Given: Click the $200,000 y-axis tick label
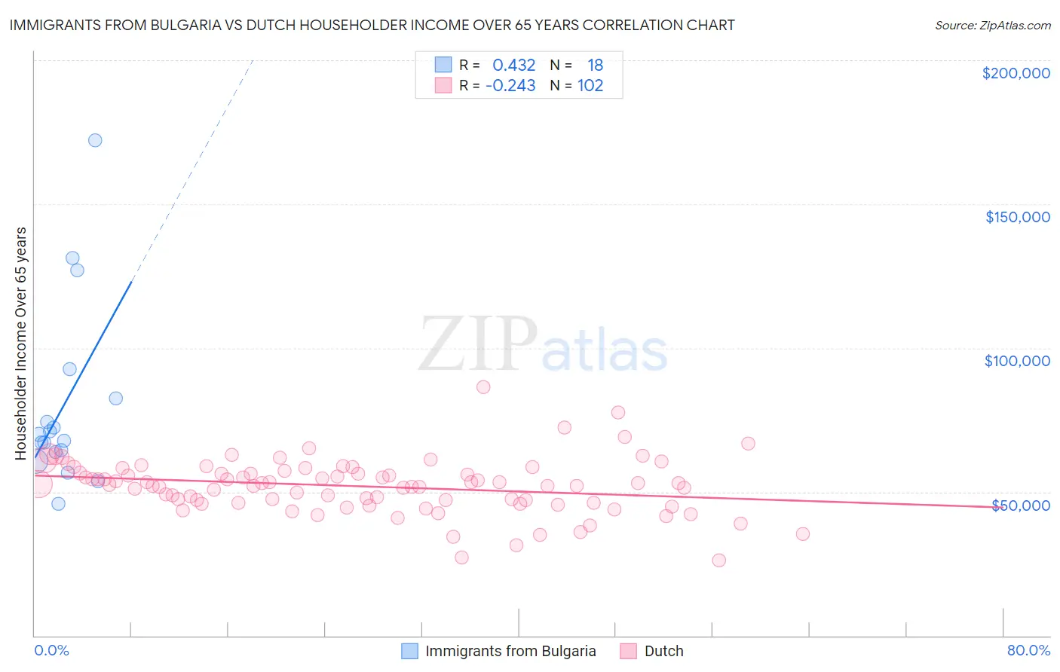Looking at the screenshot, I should coord(1016,73).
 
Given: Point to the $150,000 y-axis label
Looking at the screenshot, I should coord(1017,217).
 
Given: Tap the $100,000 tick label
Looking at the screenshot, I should coord(1017,361).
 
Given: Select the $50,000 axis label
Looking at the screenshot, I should coord(1020,505).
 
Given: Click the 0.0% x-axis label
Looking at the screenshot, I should coord(51,651).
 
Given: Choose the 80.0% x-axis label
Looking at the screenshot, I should coord(1028,651).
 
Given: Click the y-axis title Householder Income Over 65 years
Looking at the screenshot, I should coord(21,343).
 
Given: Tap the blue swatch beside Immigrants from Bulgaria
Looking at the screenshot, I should coord(409,652).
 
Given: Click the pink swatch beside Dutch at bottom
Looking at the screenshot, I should coord(629,652).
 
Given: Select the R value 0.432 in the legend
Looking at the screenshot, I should coord(513,66).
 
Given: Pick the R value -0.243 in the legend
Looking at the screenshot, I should coord(510,86).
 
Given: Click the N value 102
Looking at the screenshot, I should coord(590,86).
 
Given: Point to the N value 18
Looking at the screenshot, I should coord(595,66).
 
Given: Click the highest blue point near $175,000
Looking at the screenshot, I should coord(95,140).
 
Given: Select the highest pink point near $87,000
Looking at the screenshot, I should coord(483,387).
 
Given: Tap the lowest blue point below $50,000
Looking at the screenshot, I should coord(58,504).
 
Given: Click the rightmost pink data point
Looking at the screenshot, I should coord(802,534).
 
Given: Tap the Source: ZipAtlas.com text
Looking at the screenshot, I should coord(992,26).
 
